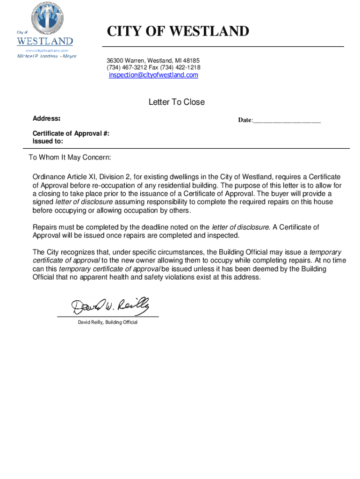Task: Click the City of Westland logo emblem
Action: (x=48, y=18)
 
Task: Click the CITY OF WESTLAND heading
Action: (x=178, y=31)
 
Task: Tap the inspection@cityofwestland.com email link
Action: (x=153, y=75)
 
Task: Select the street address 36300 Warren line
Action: (x=153, y=60)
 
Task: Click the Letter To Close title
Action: (x=176, y=102)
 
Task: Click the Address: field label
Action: (x=46, y=119)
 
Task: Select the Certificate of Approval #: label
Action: (x=71, y=133)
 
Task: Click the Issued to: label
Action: (x=48, y=141)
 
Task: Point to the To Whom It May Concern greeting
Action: (x=70, y=157)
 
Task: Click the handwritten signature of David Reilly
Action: (x=110, y=306)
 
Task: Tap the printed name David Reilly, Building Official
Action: (x=108, y=322)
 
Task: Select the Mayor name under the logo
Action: (x=47, y=56)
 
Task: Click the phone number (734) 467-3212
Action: (x=127, y=68)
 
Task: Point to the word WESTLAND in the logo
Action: (x=45, y=41)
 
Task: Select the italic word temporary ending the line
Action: (x=325, y=252)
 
